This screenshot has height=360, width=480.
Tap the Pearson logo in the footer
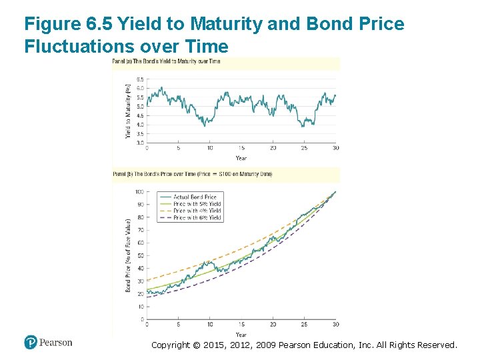point(48,342)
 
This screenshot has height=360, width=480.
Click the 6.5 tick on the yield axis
point(140,79)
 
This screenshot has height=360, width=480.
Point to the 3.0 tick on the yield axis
point(140,143)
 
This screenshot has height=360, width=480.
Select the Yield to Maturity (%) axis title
point(128,111)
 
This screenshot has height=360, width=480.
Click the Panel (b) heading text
point(192,174)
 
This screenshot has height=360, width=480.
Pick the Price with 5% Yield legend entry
point(197,204)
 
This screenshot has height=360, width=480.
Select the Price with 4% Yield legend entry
point(197,211)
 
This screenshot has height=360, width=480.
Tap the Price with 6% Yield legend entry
point(197,218)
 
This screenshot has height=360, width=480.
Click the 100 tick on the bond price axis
point(139,192)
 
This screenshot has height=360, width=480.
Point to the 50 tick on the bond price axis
point(140,256)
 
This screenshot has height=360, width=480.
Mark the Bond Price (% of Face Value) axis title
point(128,255)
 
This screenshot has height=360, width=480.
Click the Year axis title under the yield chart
point(241,158)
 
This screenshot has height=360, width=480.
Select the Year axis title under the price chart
point(241,335)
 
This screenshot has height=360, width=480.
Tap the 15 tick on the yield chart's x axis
point(241,148)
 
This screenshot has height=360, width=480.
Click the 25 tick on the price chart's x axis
point(304,325)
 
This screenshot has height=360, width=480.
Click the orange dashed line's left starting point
point(147,280)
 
